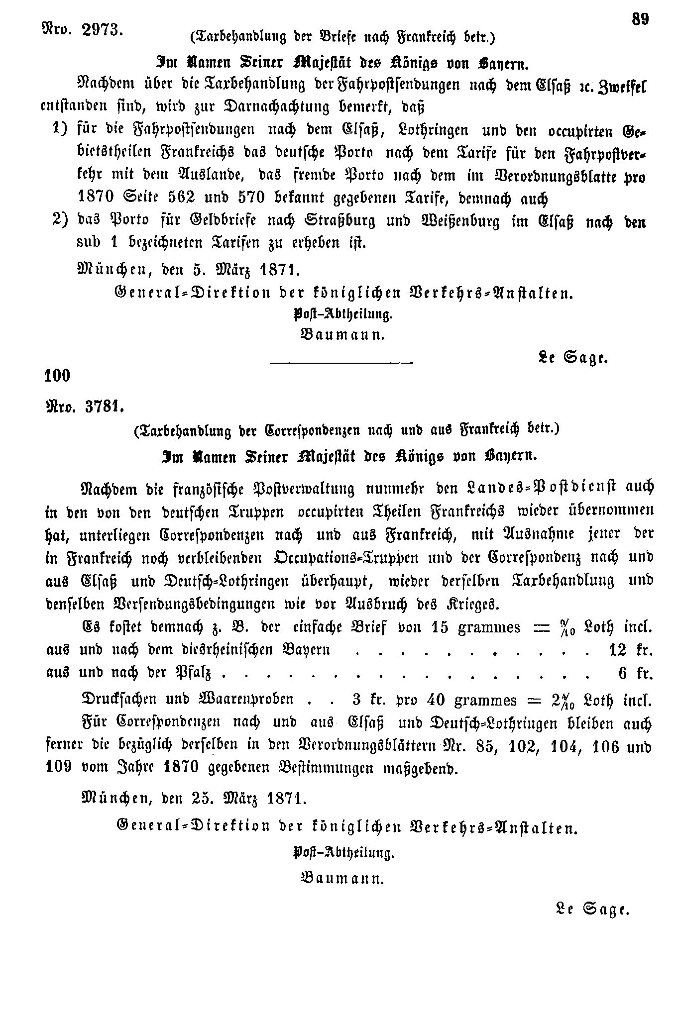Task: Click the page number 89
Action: click(x=640, y=20)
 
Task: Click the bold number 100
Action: click(x=58, y=375)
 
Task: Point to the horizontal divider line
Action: click(x=341, y=362)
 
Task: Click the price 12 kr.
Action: click(x=630, y=650)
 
